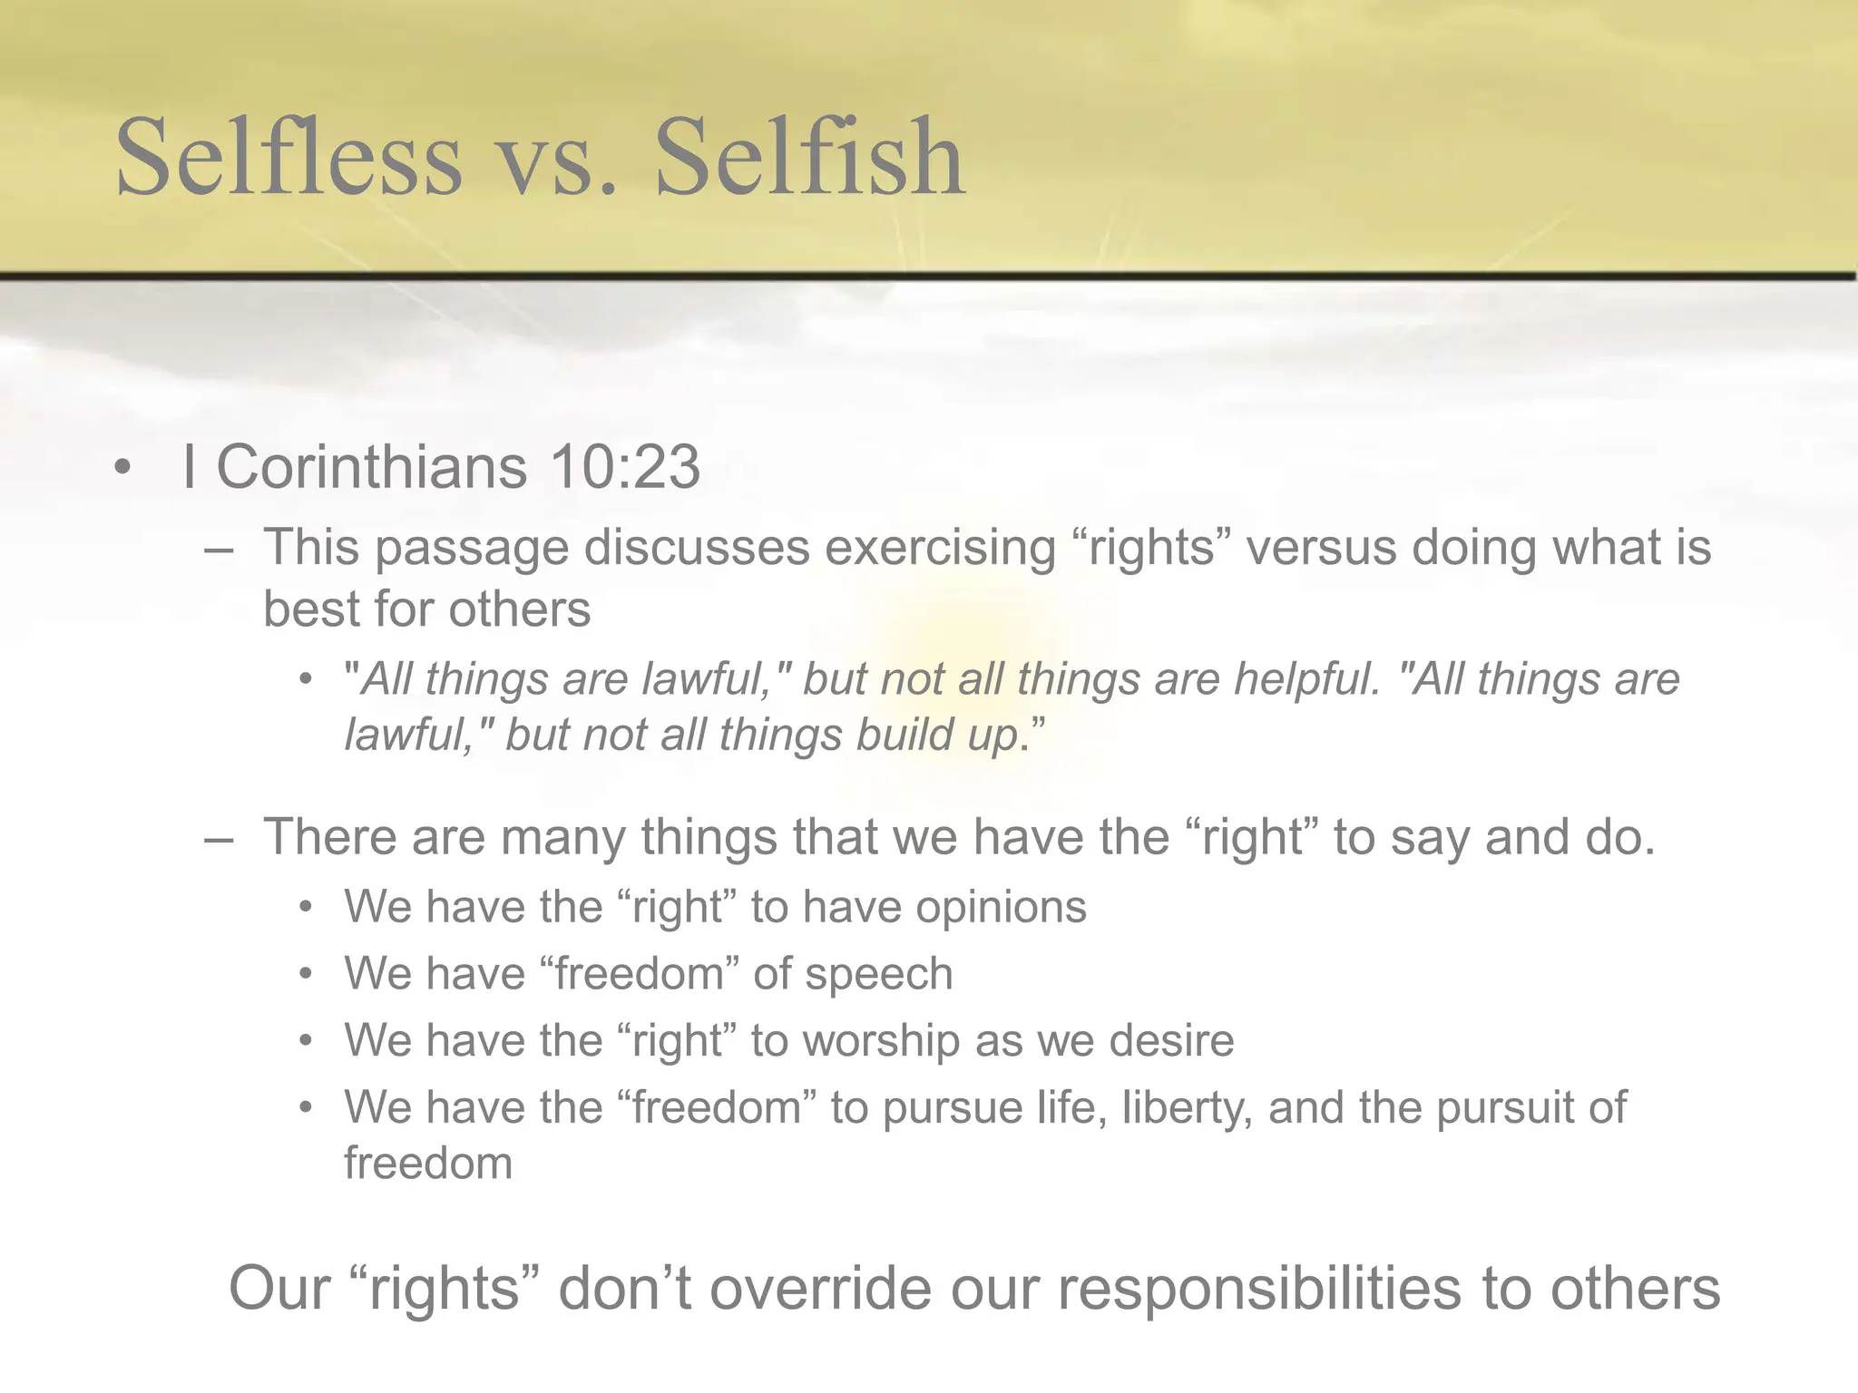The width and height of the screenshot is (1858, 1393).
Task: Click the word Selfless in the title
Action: pos(288,158)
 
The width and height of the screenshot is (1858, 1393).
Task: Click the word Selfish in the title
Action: pos(809,158)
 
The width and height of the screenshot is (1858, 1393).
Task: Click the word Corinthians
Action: pos(371,468)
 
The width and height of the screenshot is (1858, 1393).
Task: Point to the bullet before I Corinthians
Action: pos(123,470)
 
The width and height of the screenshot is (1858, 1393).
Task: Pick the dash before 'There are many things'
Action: pos(219,838)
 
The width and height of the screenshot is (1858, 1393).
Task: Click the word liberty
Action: pos(1187,1108)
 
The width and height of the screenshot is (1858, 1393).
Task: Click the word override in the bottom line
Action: pos(820,1289)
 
